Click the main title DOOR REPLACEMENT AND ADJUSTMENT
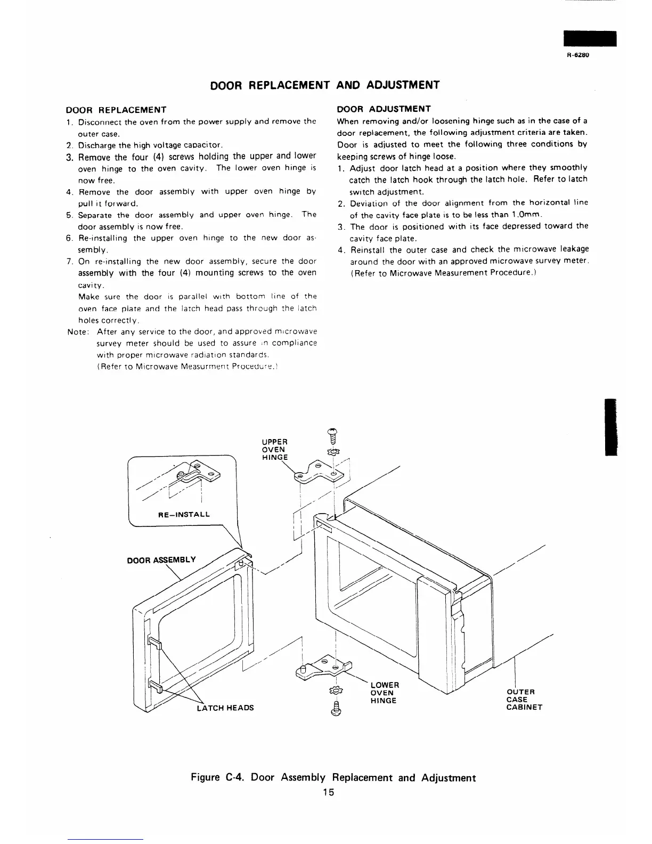pyautogui.click(x=325, y=85)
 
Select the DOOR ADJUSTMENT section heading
pyautogui.click(x=384, y=109)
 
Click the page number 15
pyautogui.click(x=328, y=792)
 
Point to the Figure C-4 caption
pyautogui.click(x=333, y=777)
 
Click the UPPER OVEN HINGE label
pyautogui.click(x=275, y=449)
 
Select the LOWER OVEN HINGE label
pyautogui.click(x=384, y=692)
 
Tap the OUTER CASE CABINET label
pyautogui.click(x=524, y=700)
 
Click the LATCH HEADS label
pyautogui.click(x=225, y=708)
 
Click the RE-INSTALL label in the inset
pyautogui.click(x=184, y=515)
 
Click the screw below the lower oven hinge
pyautogui.click(x=336, y=708)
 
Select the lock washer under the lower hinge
pyautogui.click(x=336, y=691)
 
